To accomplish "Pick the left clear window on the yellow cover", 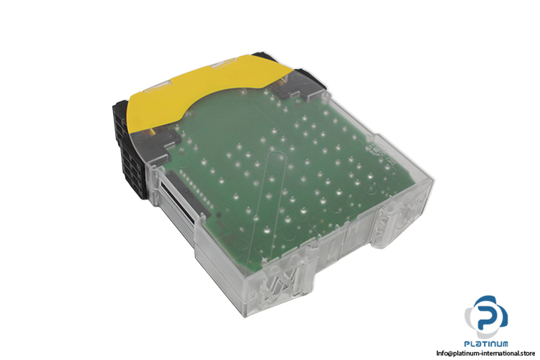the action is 154,88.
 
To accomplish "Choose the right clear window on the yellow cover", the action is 224,64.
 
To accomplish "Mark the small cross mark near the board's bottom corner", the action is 264,258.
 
